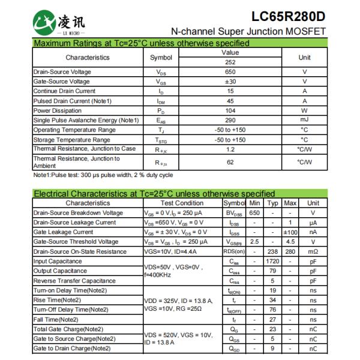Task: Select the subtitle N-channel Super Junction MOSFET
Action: pyautogui.click(x=248, y=31)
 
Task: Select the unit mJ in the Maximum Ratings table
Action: pyautogui.click(x=304, y=120)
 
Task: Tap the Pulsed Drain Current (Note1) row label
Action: pyautogui.click(x=73, y=101)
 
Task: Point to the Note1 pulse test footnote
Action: pyautogui.click(x=103, y=175)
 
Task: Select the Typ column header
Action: pyautogui.click(x=273, y=203)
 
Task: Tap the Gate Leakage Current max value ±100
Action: pyautogui.click(x=291, y=232)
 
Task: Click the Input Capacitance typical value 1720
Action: pyautogui.click(x=273, y=262)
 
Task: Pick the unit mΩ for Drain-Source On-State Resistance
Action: pyautogui.click(x=313, y=251)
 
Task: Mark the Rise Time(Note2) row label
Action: pyautogui.click(x=57, y=300)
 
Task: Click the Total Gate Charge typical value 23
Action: pyautogui.click(x=273, y=329)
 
